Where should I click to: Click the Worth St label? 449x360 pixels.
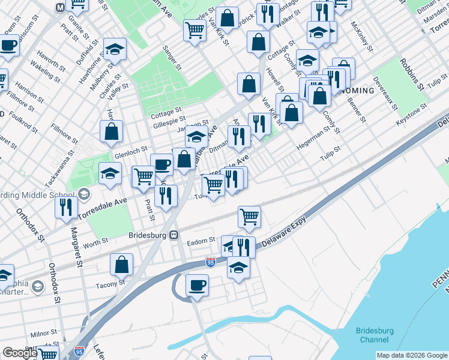95,242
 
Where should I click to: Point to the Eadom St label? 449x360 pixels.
200,241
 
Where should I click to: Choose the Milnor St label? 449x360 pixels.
44,332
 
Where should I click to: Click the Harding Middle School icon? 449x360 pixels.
84,194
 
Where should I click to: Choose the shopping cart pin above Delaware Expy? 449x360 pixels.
249,216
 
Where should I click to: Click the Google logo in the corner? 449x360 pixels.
20,353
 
